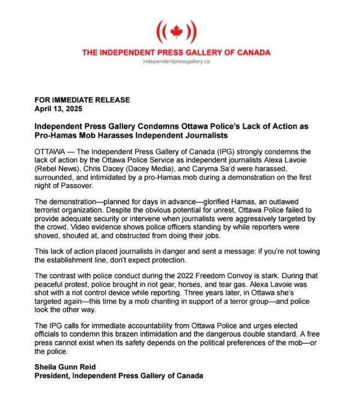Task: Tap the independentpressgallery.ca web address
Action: (176, 63)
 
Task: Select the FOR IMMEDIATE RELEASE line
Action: (82, 100)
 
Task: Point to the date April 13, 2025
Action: (58, 109)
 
